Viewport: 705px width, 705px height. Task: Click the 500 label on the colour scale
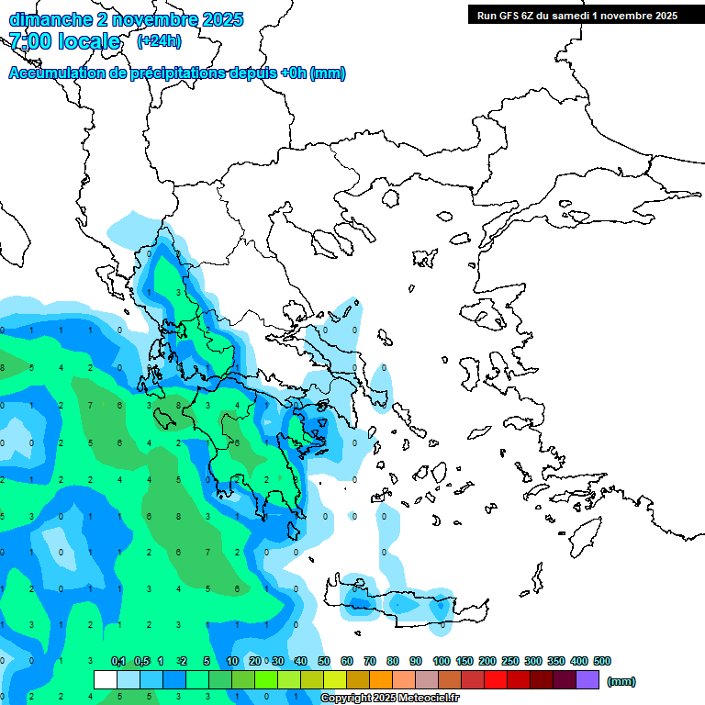[602, 661]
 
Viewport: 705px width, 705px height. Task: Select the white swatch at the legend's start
[106, 680]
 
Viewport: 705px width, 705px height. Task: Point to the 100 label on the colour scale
[442, 661]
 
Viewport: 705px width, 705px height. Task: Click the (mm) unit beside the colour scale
[621, 681]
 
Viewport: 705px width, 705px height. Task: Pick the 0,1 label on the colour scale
[118, 661]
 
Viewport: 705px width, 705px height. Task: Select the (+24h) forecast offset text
[159, 41]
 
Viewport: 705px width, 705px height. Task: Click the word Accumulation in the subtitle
[56, 73]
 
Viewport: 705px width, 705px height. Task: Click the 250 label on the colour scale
[510, 661]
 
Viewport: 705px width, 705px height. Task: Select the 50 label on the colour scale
[324, 661]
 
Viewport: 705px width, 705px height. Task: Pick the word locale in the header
[89, 41]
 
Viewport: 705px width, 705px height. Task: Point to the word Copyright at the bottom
[346, 699]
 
